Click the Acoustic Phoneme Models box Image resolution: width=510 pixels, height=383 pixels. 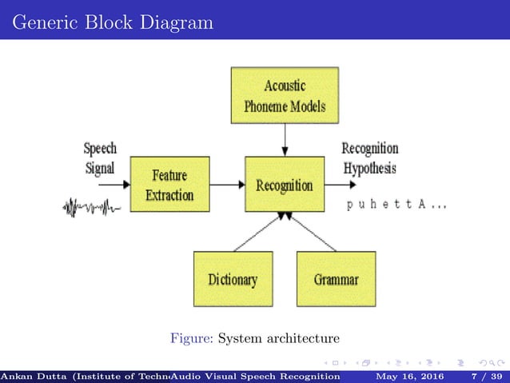click(x=285, y=95)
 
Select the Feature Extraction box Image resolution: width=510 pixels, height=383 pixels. click(x=169, y=184)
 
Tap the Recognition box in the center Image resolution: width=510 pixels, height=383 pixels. click(x=285, y=185)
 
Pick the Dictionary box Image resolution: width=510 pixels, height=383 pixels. click(x=233, y=279)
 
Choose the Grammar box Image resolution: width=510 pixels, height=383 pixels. click(x=336, y=279)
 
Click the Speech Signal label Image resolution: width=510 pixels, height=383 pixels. click(x=100, y=158)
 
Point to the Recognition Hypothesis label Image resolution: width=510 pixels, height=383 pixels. click(x=369, y=158)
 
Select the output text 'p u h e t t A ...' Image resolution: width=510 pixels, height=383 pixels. click(x=396, y=205)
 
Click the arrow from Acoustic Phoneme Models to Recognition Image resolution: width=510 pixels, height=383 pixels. click(x=285, y=140)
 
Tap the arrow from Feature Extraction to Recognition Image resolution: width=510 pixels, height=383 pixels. click(x=227, y=185)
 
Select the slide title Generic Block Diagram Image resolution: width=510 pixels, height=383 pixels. click(x=114, y=22)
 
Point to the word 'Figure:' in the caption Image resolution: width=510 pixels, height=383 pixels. click(x=191, y=338)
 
